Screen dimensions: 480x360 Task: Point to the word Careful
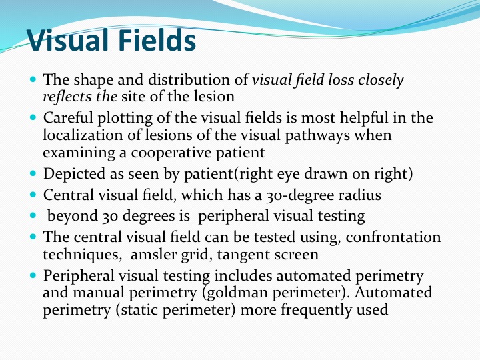(x=67, y=117)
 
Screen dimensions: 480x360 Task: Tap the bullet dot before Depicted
(x=33, y=173)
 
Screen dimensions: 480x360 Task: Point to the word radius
(x=360, y=195)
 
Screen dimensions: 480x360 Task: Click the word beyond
(x=72, y=216)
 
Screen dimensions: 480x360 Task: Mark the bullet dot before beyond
(x=33, y=215)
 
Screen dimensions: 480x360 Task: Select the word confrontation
(x=393, y=237)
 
